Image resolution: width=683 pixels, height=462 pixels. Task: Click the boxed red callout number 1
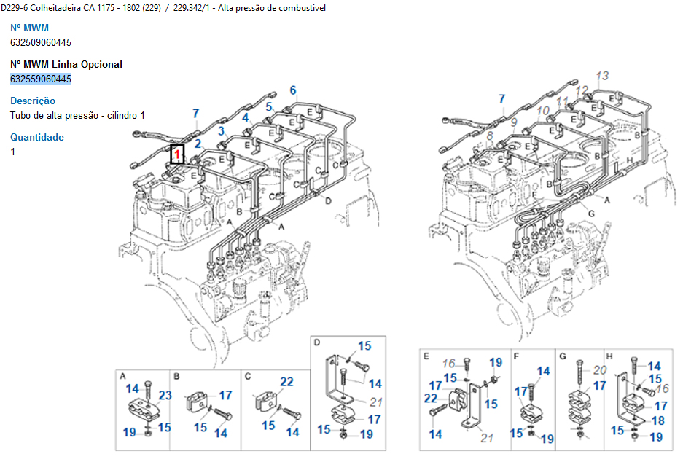point(176,154)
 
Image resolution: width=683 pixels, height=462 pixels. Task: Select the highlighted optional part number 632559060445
point(41,79)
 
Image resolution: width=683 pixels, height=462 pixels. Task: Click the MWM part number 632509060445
point(41,42)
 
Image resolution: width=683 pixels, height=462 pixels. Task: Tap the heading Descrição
point(33,101)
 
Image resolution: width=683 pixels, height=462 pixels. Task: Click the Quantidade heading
point(37,137)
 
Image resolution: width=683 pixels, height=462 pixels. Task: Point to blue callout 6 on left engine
point(293,91)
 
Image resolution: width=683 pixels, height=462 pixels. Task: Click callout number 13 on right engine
point(602,76)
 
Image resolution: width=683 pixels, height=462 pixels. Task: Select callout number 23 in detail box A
point(165,396)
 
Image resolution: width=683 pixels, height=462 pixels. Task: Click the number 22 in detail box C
point(286,381)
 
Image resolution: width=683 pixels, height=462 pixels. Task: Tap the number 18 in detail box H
point(658,420)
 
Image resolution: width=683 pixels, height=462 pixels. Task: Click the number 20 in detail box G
point(599,369)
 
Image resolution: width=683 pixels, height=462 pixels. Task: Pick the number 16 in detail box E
point(449,363)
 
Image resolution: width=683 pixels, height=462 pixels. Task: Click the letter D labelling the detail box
point(317,342)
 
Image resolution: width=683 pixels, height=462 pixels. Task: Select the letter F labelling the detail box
point(516,356)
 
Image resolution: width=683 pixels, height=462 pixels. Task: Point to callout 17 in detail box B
point(225,396)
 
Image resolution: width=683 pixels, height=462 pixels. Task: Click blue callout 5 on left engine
point(269,107)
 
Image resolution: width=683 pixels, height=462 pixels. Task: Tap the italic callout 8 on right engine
point(489,135)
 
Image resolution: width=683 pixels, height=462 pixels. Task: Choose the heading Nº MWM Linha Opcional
point(66,64)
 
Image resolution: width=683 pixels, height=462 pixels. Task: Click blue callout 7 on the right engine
point(501,99)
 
